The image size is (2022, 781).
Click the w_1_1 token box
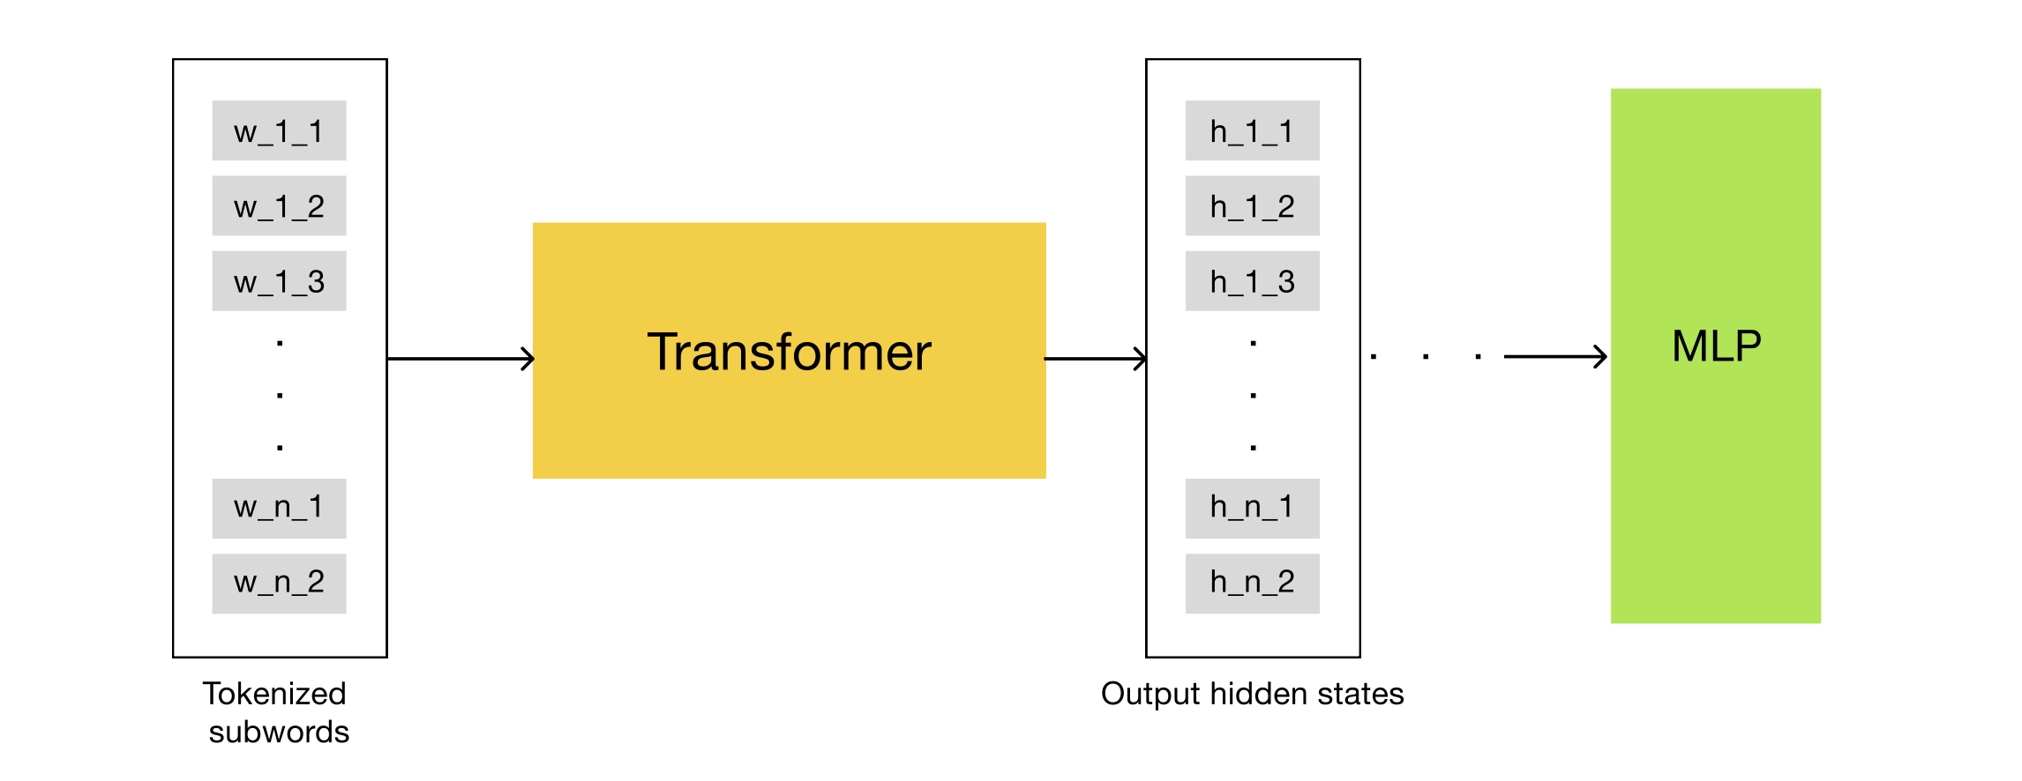pyautogui.click(x=279, y=130)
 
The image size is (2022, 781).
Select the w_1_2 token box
pyautogui.click(x=279, y=205)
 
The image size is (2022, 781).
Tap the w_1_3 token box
pyautogui.click(x=279, y=281)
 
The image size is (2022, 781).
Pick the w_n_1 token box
pyautogui.click(x=279, y=508)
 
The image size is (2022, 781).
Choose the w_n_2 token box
pyautogui.click(x=279, y=583)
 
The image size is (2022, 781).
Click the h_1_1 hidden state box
pyautogui.click(x=1252, y=130)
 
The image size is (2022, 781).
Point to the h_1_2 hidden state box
pyautogui.click(x=1252, y=205)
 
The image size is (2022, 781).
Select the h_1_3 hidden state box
pyautogui.click(x=1252, y=281)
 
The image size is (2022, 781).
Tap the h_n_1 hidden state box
pyautogui.click(x=1252, y=508)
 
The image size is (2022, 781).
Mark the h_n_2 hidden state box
pyautogui.click(x=1252, y=583)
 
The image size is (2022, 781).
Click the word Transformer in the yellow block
pyautogui.click(x=789, y=352)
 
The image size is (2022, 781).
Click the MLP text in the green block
pyautogui.click(x=1716, y=346)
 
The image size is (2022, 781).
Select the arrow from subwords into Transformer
pyautogui.click(x=461, y=359)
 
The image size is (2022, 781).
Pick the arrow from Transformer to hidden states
pyautogui.click(x=1095, y=359)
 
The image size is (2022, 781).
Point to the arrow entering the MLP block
pyautogui.click(x=1554, y=356)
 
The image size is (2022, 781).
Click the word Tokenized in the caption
pyautogui.click(x=274, y=694)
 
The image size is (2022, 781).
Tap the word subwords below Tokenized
pyautogui.click(x=279, y=733)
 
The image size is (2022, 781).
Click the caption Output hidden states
pyautogui.click(x=1252, y=694)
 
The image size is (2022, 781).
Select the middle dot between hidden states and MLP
pyautogui.click(x=1426, y=357)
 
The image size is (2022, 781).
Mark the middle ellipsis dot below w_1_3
pyautogui.click(x=280, y=395)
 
